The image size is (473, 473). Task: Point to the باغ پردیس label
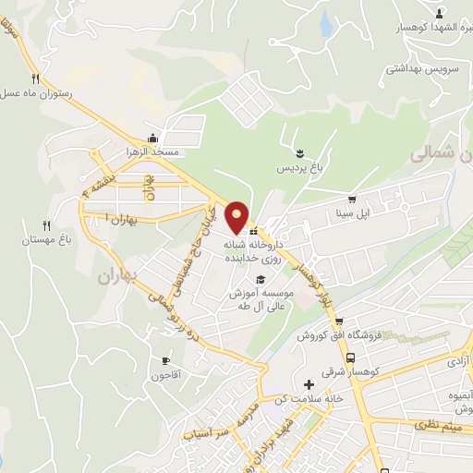pos(297,169)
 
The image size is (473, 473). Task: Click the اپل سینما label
pos(352,213)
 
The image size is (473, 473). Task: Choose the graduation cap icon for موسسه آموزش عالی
pos(261,280)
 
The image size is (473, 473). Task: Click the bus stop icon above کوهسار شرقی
pos(350,358)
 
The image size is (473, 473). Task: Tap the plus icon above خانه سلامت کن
pos(309,384)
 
